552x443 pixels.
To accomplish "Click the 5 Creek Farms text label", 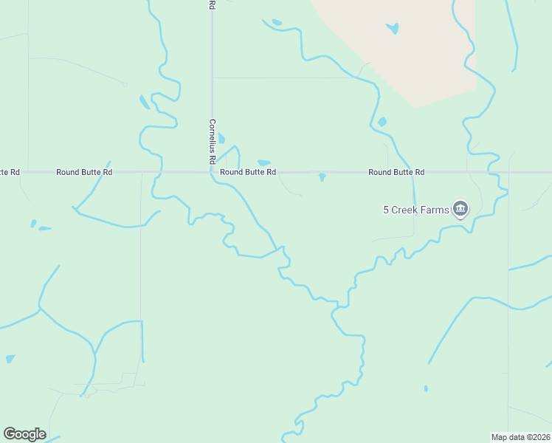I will click(x=415, y=210).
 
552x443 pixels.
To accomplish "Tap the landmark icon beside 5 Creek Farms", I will click(x=460, y=210).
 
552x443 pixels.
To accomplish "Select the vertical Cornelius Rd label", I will click(x=212, y=141).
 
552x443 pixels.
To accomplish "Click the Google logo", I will click(x=24, y=434).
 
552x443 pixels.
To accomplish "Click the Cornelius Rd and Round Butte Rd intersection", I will click(x=212, y=172).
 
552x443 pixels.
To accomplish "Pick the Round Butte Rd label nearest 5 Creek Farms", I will click(x=396, y=172).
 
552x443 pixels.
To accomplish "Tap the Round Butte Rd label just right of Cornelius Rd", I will click(x=248, y=172).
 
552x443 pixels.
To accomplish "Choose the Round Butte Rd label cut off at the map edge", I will click(x=10, y=172).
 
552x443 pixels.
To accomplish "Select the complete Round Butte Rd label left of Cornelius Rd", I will click(x=84, y=172).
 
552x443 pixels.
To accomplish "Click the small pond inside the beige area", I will click(x=393, y=29).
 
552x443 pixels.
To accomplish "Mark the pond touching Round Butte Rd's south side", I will click(x=322, y=177).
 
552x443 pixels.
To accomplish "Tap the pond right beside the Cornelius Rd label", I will click(x=221, y=138).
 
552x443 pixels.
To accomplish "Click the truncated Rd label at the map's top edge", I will click(x=212, y=4).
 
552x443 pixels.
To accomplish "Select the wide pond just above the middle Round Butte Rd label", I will click(x=263, y=162).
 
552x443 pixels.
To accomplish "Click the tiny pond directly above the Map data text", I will click(x=426, y=388).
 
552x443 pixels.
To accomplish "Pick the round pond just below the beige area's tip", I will click(x=382, y=122).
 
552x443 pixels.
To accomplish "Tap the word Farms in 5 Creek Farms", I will click(x=435, y=210).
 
